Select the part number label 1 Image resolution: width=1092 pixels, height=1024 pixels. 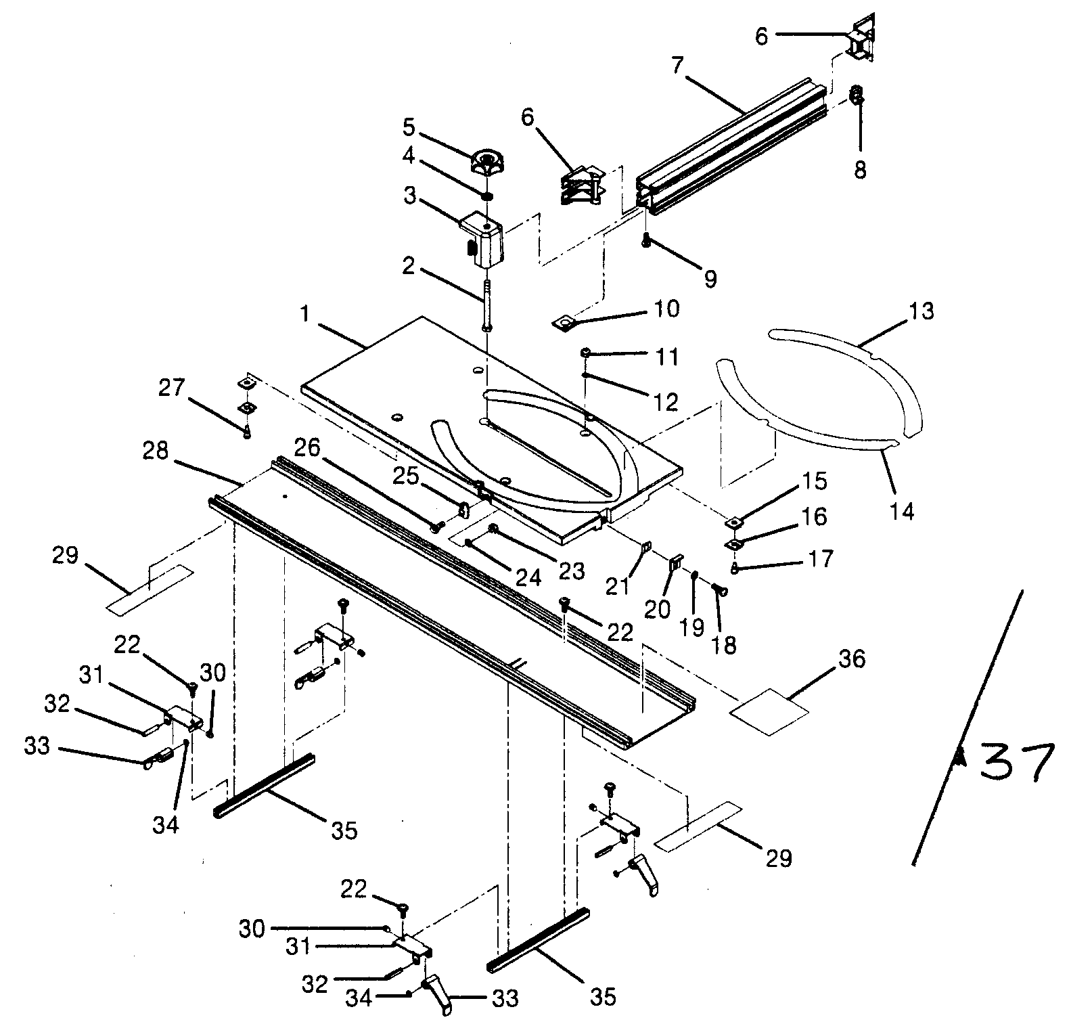[x=306, y=316]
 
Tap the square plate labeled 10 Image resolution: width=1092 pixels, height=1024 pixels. [x=564, y=322]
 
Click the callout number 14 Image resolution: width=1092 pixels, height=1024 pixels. [x=903, y=510]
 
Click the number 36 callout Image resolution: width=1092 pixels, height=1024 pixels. [x=852, y=659]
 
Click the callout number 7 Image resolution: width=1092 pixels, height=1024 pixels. [x=678, y=66]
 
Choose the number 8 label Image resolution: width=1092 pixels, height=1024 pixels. [x=859, y=169]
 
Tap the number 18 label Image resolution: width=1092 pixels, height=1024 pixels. [x=725, y=645]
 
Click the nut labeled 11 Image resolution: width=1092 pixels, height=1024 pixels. [x=587, y=353]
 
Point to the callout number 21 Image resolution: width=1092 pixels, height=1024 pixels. [x=618, y=585]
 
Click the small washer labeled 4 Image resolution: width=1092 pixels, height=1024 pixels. [x=487, y=196]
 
